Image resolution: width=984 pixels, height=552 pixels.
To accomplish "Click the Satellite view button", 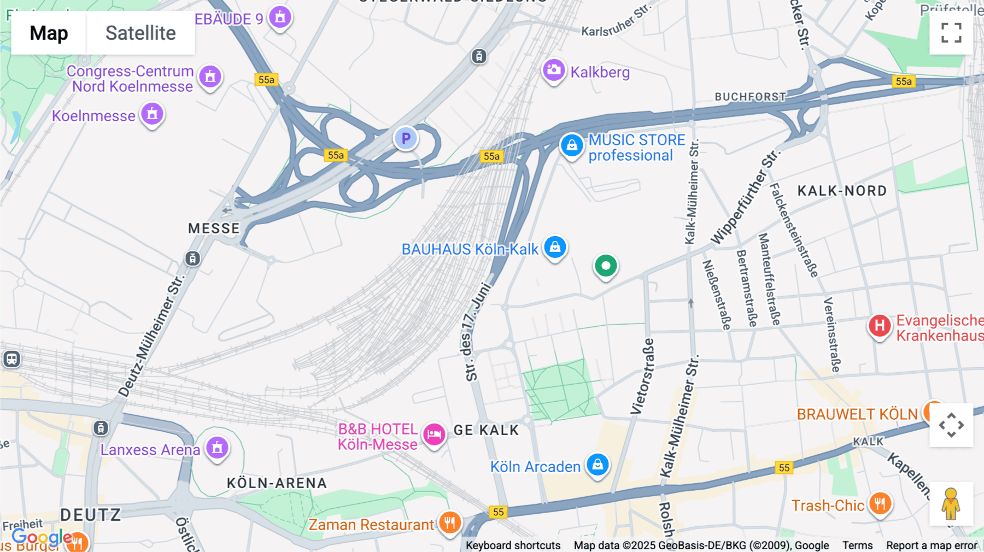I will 140,33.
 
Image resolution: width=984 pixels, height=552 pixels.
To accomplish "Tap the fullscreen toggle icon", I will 951,33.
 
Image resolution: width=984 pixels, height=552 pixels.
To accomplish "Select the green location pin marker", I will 606,266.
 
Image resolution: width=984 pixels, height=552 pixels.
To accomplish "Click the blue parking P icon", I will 406,139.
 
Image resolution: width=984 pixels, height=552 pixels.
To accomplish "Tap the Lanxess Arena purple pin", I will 217,448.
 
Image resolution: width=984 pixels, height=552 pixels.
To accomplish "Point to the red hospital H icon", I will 880,326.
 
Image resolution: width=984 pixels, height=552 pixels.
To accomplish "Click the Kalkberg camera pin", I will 554,71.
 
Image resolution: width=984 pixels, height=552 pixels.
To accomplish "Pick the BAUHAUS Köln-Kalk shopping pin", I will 555,247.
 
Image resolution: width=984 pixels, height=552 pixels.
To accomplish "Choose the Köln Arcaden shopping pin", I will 598,465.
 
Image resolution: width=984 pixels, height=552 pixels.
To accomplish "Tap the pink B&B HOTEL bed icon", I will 435,435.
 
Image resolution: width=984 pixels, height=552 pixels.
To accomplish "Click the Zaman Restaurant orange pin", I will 449,523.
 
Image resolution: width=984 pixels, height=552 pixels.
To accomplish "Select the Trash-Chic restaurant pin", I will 880,503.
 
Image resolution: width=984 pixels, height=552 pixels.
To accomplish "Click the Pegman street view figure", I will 951,504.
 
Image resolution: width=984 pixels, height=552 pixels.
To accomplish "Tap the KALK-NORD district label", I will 842,191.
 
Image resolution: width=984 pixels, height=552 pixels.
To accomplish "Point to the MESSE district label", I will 214,228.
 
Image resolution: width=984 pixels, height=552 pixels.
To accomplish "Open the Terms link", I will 857,545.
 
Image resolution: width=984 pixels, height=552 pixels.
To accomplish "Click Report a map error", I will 932,545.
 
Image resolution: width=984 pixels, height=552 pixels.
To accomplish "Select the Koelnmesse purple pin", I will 153,114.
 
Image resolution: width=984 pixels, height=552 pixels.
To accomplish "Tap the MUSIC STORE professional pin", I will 572,145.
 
